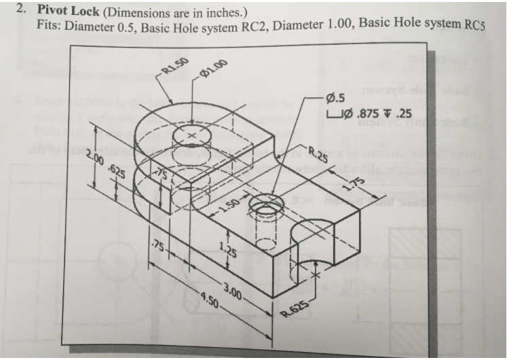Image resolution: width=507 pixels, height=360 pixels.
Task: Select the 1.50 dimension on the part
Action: pos(227,209)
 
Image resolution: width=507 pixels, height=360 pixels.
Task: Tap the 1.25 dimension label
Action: pos(227,250)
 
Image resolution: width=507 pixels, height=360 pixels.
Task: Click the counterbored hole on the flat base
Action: pos(263,204)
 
